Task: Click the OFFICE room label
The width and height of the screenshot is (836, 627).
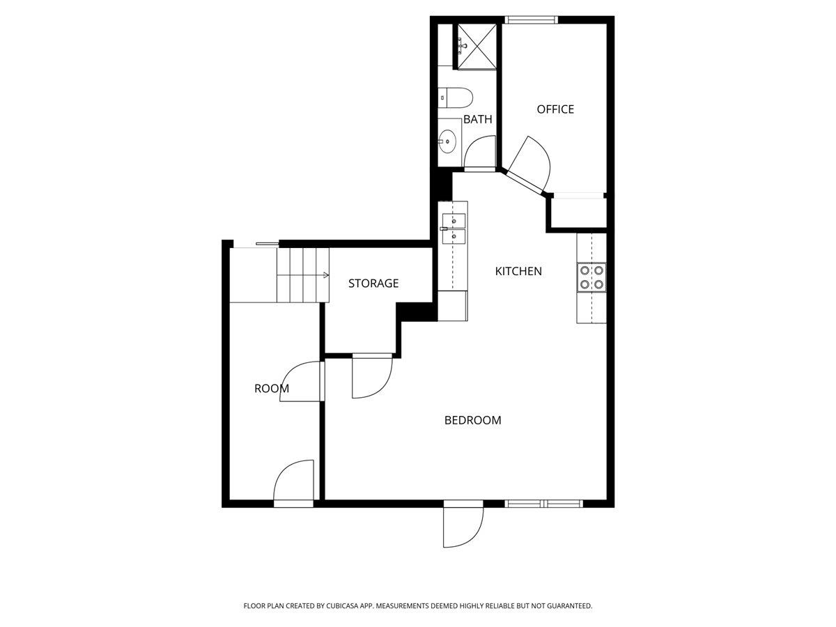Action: pyautogui.click(x=555, y=109)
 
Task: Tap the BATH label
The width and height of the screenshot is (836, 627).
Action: pyautogui.click(x=478, y=119)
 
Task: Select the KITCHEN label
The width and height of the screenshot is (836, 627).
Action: pyautogui.click(x=518, y=271)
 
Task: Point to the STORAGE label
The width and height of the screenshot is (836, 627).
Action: pyautogui.click(x=373, y=284)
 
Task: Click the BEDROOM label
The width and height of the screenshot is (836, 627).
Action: pyautogui.click(x=473, y=420)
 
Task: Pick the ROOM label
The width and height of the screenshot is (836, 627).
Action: pyautogui.click(x=272, y=389)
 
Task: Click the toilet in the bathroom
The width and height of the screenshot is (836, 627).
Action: pyautogui.click(x=456, y=96)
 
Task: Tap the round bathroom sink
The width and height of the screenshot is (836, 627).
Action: pyautogui.click(x=448, y=141)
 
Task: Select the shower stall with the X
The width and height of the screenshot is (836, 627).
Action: pyautogui.click(x=477, y=46)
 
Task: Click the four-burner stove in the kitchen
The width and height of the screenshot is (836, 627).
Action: pyautogui.click(x=591, y=277)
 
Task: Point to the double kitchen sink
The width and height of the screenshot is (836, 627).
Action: pyautogui.click(x=453, y=229)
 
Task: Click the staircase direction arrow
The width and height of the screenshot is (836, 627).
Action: pyautogui.click(x=325, y=275)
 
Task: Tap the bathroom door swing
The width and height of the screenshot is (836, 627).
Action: pyautogui.click(x=480, y=153)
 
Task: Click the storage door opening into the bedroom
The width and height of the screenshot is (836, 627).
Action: pyautogui.click(x=371, y=377)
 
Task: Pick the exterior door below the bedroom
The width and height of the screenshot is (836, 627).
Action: pyautogui.click(x=463, y=525)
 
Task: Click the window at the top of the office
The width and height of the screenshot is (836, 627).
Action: pyautogui.click(x=532, y=20)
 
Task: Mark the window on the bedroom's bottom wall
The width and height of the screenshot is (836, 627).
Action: pyautogui.click(x=543, y=503)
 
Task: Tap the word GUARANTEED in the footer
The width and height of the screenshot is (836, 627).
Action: pyautogui.click(x=567, y=606)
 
